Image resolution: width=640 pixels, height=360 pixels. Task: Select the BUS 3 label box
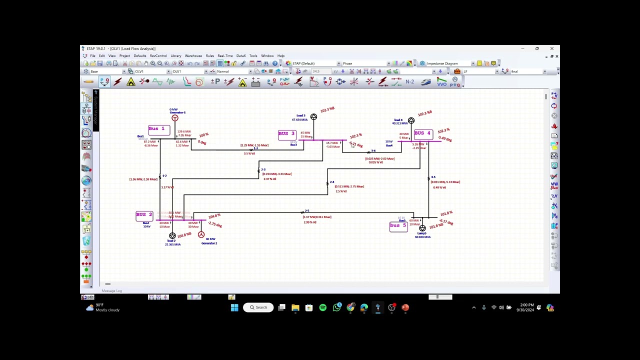(287, 134)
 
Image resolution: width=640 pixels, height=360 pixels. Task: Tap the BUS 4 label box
(422, 134)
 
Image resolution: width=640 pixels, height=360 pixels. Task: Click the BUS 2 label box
(144, 215)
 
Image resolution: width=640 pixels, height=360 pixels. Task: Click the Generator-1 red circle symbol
(174, 118)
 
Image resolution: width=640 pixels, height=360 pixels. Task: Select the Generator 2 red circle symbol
(201, 234)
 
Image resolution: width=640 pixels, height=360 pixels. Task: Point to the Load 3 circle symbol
(313, 117)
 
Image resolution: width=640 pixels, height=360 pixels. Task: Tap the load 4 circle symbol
(411, 121)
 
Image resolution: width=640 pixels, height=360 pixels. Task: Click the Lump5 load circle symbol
(422, 228)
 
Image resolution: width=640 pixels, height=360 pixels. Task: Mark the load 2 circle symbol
(172, 235)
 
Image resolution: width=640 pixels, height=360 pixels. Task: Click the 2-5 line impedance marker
(303, 212)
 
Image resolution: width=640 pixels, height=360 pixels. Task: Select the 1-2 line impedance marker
(160, 176)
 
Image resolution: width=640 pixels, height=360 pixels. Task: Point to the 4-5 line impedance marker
(429, 178)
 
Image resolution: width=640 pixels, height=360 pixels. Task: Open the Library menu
(175, 56)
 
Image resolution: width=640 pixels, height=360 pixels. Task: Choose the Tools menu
(253, 56)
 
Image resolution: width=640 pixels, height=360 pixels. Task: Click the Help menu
(280, 56)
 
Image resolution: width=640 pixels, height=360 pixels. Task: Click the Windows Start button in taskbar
(234, 307)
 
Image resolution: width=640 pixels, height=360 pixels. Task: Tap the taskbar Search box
(258, 307)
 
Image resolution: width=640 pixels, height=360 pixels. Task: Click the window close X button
(551, 48)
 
